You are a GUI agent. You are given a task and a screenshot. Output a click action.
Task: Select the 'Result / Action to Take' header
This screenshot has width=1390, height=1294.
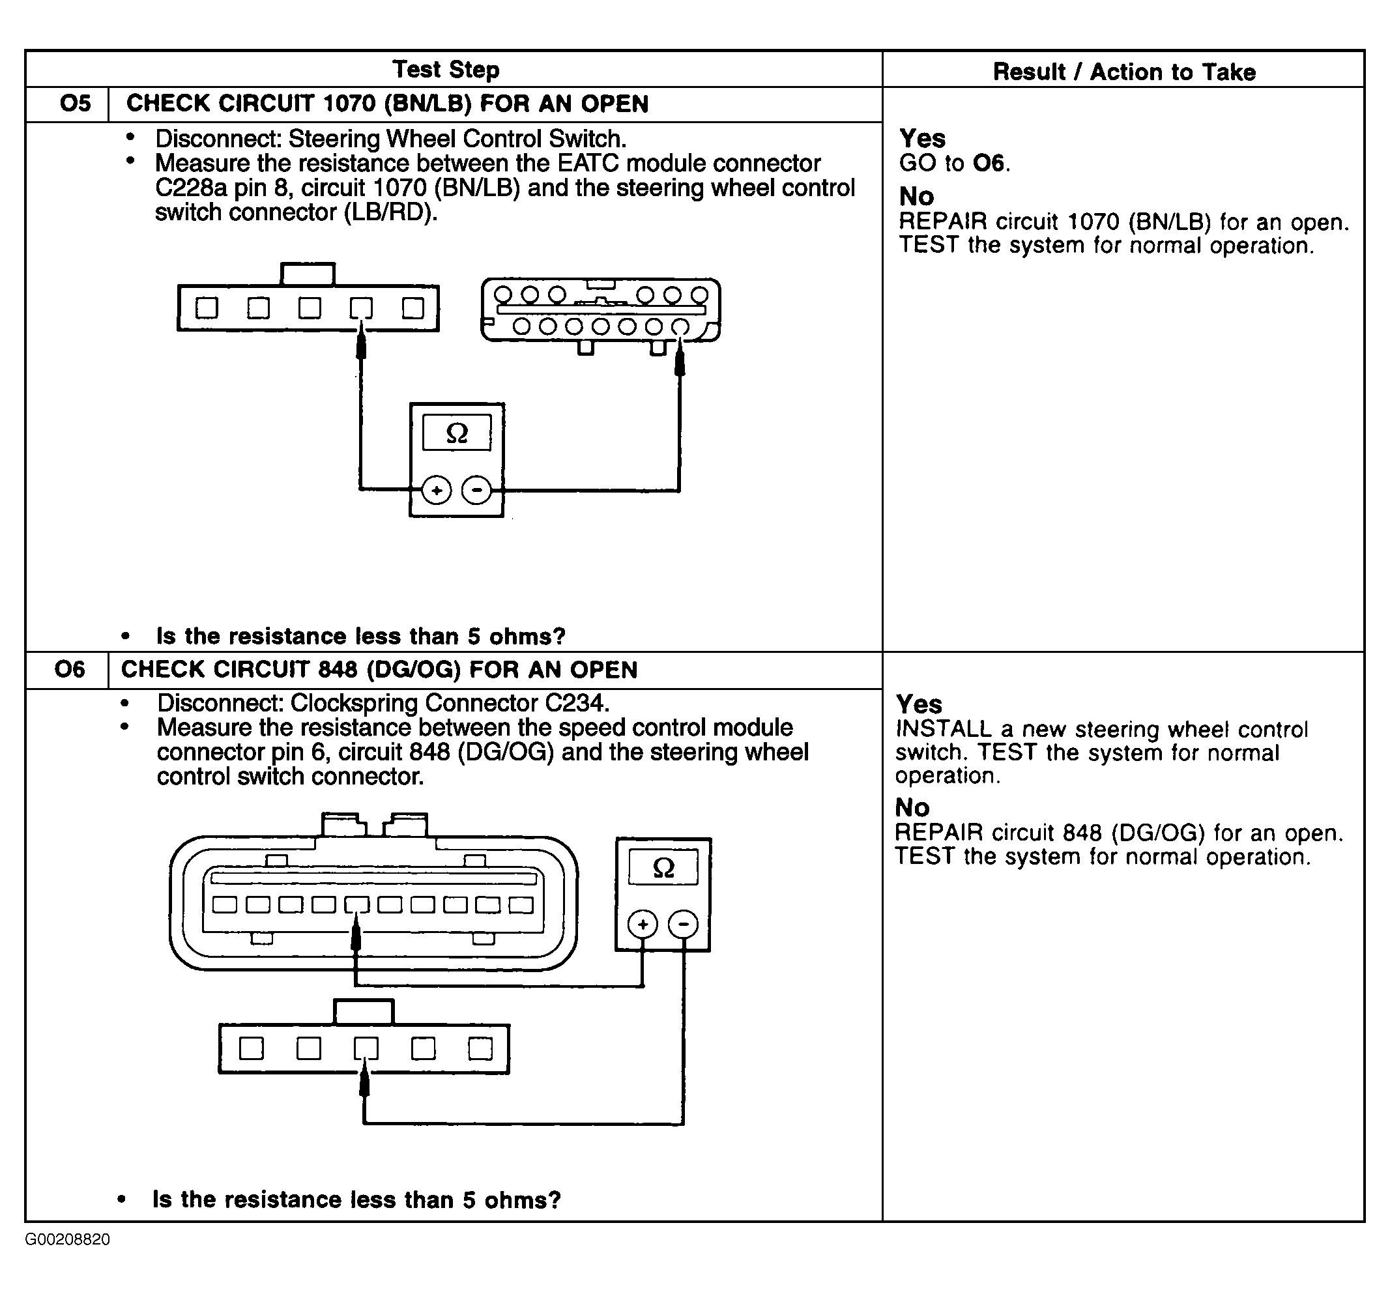(1123, 71)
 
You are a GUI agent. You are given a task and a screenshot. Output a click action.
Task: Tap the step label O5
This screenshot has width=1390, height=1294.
(76, 104)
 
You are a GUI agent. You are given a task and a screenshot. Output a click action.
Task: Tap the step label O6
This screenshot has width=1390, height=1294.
(69, 669)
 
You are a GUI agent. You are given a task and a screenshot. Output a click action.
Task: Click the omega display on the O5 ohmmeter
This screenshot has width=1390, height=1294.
(457, 433)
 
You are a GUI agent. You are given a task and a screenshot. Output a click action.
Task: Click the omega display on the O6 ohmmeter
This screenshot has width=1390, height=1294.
(663, 868)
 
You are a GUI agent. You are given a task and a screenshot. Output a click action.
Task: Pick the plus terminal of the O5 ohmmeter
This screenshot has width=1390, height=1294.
(437, 490)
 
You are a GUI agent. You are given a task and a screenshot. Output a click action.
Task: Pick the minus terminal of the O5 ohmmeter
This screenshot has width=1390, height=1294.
(477, 490)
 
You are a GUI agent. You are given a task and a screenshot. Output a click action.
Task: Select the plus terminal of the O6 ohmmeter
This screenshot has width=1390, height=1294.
(643, 925)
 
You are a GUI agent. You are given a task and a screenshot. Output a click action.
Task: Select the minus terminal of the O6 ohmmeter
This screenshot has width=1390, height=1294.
(683, 925)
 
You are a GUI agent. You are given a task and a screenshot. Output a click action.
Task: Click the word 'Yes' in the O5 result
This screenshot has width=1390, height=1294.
(921, 137)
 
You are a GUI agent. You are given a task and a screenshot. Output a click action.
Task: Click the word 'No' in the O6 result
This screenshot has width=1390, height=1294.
(912, 807)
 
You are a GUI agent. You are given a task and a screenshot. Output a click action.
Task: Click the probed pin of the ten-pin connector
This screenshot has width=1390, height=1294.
(356, 904)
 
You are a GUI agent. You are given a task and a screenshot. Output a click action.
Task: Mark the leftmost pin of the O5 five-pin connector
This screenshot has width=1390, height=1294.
(207, 308)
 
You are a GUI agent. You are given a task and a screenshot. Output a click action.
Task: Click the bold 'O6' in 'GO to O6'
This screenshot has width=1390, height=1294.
(989, 163)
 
